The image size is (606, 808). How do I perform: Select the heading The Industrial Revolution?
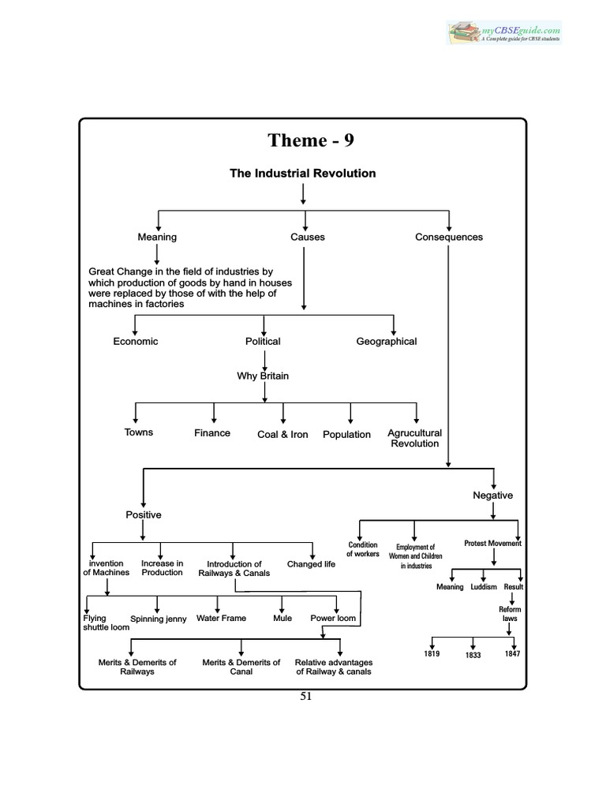[x=302, y=173]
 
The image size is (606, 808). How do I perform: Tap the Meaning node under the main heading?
[x=157, y=237]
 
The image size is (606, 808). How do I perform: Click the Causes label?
[x=307, y=237]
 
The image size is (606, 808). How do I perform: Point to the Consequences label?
[x=449, y=237]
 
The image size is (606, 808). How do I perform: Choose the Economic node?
[x=136, y=342]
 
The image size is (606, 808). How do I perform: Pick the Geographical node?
[x=387, y=342]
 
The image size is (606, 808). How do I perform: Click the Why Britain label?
[x=263, y=376]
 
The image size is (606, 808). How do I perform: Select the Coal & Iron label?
[x=282, y=435]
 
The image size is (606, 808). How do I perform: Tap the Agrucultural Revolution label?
[x=414, y=438]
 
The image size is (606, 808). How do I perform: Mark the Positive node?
[x=144, y=515]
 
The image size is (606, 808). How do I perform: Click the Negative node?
[x=492, y=496]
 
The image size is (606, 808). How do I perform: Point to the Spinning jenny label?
[x=158, y=619]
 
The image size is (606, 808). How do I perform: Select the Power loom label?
[x=333, y=619]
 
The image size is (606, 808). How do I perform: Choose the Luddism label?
[x=484, y=587]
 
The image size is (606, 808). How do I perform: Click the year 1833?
[x=473, y=656]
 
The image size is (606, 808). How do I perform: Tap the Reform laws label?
[x=510, y=614]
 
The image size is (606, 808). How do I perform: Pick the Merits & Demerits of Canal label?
[x=241, y=667]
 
